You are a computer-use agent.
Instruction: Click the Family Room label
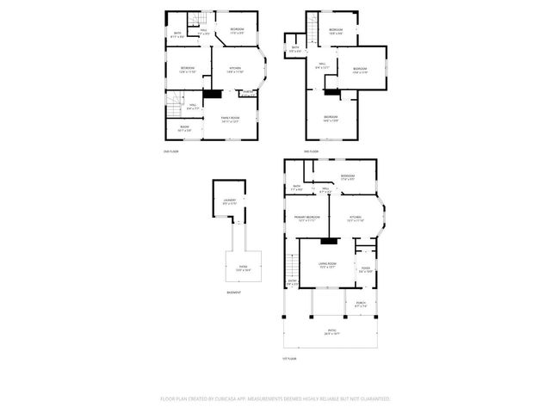click(230, 119)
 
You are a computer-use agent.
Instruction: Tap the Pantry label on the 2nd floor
click(247, 92)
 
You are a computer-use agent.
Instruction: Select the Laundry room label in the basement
click(230, 201)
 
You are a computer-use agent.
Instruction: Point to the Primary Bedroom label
click(307, 219)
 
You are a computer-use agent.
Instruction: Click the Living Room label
click(327, 265)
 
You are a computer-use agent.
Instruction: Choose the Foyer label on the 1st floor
click(366, 268)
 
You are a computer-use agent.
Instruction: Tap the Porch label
click(360, 304)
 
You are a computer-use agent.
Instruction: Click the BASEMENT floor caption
click(233, 293)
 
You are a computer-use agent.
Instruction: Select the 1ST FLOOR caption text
click(289, 359)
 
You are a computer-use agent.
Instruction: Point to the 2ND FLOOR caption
click(170, 151)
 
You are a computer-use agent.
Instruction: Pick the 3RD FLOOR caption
click(312, 151)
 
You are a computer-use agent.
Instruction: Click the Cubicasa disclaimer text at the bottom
click(275, 398)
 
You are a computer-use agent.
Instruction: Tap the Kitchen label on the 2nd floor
click(235, 70)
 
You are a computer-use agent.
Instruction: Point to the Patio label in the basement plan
click(244, 268)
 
